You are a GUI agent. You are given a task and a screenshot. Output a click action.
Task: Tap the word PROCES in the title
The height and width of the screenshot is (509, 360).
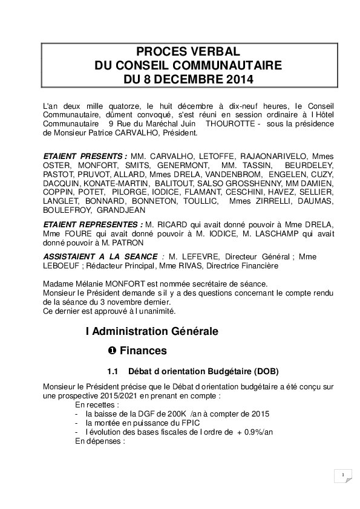click(x=159, y=51)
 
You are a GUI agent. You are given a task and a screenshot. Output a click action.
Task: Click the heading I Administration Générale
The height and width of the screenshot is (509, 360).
click(x=152, y=331)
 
